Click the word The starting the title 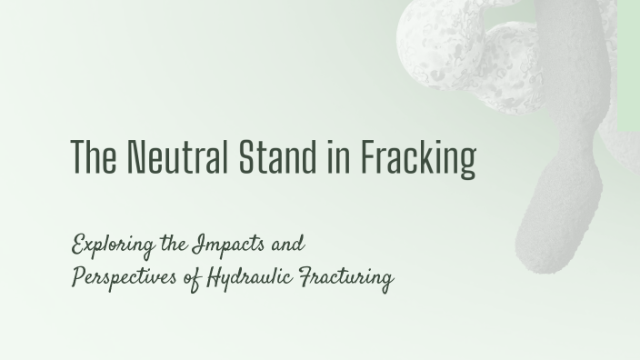[x=91, y=157]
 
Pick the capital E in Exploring [x=79, y=245]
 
